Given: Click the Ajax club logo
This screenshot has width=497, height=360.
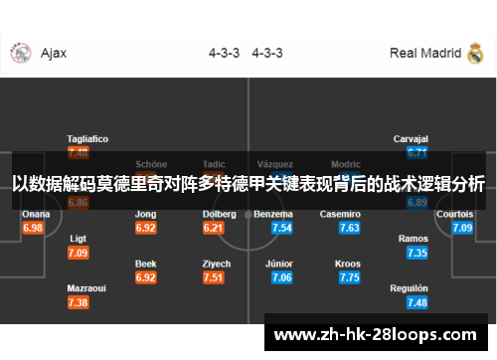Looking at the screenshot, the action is coord(18,53).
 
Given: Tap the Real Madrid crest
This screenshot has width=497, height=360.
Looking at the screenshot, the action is coord(475,53).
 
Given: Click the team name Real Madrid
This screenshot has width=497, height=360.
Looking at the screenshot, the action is coord(425,53).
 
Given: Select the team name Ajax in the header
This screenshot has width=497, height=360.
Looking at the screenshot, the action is coord(54,53).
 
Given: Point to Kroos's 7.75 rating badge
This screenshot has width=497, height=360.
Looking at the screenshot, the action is coord(349,277).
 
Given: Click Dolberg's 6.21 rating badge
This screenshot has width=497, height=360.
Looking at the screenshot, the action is coord(213,228).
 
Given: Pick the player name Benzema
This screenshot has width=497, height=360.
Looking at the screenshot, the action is coord(273,214).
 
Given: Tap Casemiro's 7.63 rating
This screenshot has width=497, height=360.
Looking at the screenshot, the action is coord(349,228).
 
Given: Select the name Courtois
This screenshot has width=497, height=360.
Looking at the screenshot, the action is coord(455,214).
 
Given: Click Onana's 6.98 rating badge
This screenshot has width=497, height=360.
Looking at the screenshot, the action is coord(33,228).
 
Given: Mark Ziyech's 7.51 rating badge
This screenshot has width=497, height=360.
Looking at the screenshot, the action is coord(213,277).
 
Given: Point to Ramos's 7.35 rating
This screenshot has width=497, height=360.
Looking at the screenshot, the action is coord(417,253).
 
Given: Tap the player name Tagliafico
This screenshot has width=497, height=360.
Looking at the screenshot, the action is coord(87,138).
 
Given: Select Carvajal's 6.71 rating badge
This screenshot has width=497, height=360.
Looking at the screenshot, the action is coord(417,152).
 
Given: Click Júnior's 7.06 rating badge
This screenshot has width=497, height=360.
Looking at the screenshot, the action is coord(281,277).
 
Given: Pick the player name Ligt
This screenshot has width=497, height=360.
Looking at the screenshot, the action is coord(79,239).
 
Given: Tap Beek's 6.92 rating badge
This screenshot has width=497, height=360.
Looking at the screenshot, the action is coord(146,277).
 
